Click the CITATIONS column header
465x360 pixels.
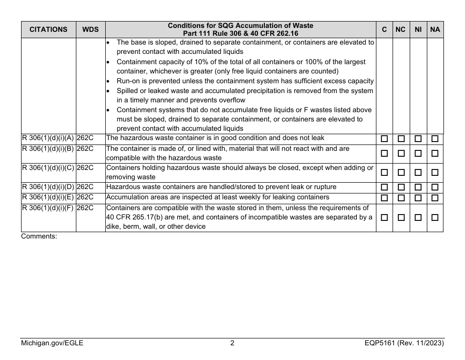click(x=48, y=29)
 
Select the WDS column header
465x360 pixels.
click(x=90, y=29)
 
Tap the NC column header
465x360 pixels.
click(x=400, y=29)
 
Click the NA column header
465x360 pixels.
click(x=435, y=29)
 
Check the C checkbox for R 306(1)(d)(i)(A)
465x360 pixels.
click(x=385, y=139)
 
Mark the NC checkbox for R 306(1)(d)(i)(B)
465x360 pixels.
click(x=401, y=153)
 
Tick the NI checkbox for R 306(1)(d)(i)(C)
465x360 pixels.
click(x=418, y=173)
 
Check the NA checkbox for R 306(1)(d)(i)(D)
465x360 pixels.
click(x=435, y=188)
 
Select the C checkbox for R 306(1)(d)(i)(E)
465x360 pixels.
click(x=385, y=197)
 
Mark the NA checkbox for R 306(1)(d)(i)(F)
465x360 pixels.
click(x=435, y=217)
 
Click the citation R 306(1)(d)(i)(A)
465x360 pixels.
click(x=48, y=138)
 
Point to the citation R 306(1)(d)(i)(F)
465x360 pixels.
click(x=48, y=208)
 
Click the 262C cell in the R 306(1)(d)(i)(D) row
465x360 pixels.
click(x=85, y=187)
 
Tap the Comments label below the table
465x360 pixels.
click(x=39, y=236)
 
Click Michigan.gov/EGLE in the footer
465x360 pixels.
click(x=52, y=343)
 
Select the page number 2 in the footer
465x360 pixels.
click(x=232, y=343)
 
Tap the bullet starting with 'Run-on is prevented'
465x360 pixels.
click(x=245, y=81)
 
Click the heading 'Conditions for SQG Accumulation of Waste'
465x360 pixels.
click(x=240, y=25)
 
